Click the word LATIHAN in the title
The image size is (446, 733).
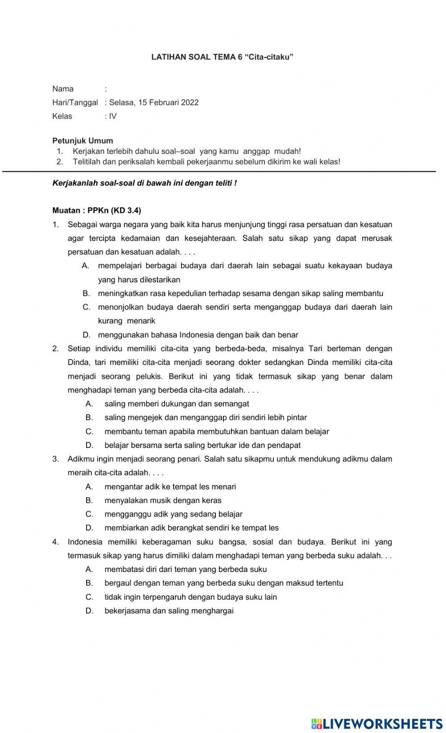pos(167,57)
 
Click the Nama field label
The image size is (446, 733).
pos(63,89)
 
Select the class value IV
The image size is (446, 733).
pos(113,116)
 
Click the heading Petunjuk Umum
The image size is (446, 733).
pos(83,141)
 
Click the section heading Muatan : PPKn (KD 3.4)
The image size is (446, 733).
pos(96,211)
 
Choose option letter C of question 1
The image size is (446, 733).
pos(87,307)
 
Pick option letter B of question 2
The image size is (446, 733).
pos(89,418)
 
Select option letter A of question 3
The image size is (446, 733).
pos(89,487)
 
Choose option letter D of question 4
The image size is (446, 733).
pos(89,611)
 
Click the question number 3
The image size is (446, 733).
pos(55,459)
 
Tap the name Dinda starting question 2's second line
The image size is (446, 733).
pos(78,363)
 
